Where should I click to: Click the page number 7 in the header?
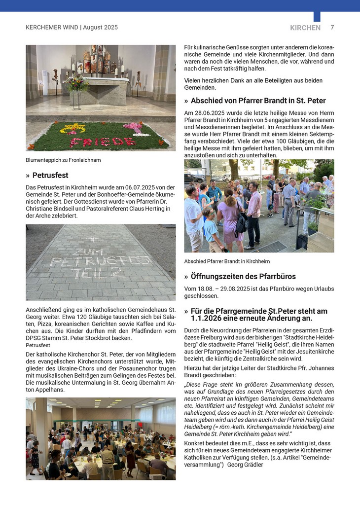[x=332, y=28]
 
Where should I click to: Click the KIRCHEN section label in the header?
[x=305, y=28]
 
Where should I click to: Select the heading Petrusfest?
[x=50, y=176]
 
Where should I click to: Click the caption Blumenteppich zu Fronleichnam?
[x=63, y=160]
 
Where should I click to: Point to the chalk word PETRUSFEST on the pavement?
[x=101, y=261]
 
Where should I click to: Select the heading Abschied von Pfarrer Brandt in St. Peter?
[x=258, y=101]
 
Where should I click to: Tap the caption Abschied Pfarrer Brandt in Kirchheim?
[x=227, y=261]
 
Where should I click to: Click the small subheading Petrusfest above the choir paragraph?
[x=37, y=345]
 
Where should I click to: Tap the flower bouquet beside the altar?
[x=77, y=83]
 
